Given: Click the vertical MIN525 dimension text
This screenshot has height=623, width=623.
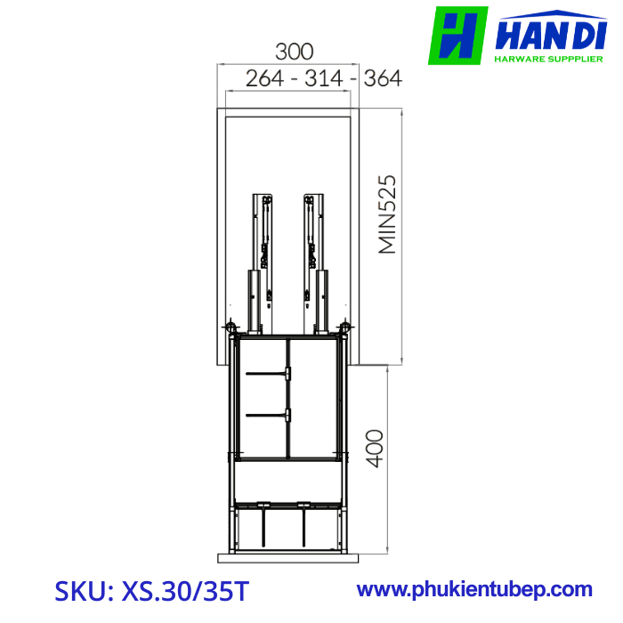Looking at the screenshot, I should (387, 214).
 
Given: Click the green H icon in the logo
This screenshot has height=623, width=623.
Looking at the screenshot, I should (457, 36).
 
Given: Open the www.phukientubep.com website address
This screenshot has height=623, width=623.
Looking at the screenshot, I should (474, 589).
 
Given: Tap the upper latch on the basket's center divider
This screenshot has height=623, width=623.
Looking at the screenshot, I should (287, 375).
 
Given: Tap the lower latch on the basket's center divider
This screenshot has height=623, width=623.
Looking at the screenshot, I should (287, 414).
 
